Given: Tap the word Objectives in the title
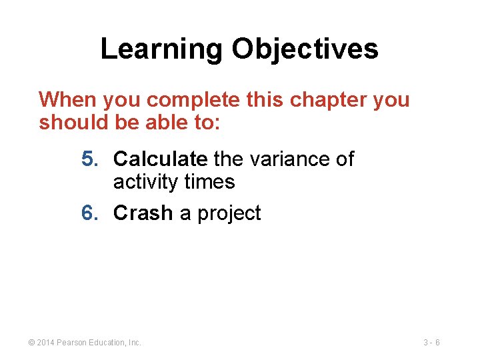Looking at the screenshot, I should coord(305,49).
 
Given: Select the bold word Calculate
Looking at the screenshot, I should coord(160,159).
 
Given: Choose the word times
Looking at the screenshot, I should coord(210,181).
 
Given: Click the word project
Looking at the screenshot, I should coord(229,213).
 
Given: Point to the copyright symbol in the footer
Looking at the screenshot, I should coord(31,343).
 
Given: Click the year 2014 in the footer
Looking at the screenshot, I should coord(45,343).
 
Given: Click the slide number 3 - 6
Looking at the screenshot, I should coord(431,343).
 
